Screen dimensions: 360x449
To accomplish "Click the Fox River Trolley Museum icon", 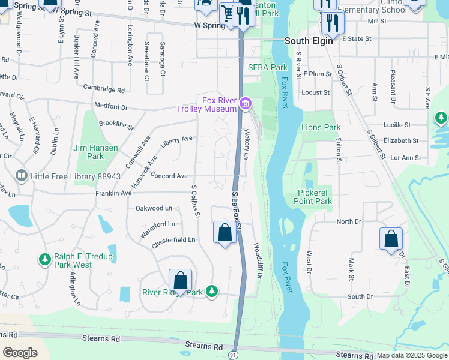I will point(245,104).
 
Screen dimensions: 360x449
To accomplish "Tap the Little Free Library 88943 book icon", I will point(21,176).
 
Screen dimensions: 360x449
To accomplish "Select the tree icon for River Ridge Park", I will point(211,291).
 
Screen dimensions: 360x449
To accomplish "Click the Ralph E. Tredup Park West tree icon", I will point(44,259).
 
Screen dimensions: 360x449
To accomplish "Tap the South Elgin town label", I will point(308,41).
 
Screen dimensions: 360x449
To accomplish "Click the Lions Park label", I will point(321,127).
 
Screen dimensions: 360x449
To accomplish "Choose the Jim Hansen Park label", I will point(88,152).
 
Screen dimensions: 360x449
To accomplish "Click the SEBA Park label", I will point(268,67).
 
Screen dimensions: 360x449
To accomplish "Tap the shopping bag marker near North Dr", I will point(391,238).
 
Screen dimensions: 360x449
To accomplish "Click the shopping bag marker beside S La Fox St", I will point(224,232).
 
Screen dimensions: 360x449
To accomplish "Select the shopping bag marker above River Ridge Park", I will point(180,280).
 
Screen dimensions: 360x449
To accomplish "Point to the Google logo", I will point(20,352).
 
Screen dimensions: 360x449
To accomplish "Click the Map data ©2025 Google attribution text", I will point(412,355).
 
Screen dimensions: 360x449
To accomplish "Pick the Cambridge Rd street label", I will point(104,90).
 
